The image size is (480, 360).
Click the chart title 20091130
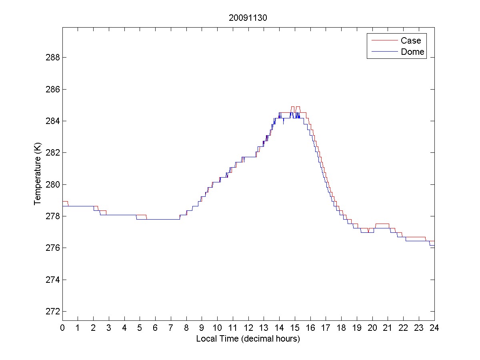tap(248, 18)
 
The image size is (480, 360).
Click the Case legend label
tap(411, 40)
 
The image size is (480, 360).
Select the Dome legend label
tap(412, 52)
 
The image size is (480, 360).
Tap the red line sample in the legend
tap(384, 40)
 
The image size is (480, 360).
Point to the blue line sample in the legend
tap(384, 52)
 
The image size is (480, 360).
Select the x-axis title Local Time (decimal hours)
tap(248, 339)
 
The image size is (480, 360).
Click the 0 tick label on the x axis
tap(62, 328)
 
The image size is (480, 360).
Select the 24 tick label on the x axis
tap(434, 328)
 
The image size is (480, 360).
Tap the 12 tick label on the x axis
tap(248, 328)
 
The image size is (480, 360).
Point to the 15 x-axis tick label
tap(295, 328)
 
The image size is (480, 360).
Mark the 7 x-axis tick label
tap(171, 328)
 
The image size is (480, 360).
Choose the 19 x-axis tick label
tap(357, 328)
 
